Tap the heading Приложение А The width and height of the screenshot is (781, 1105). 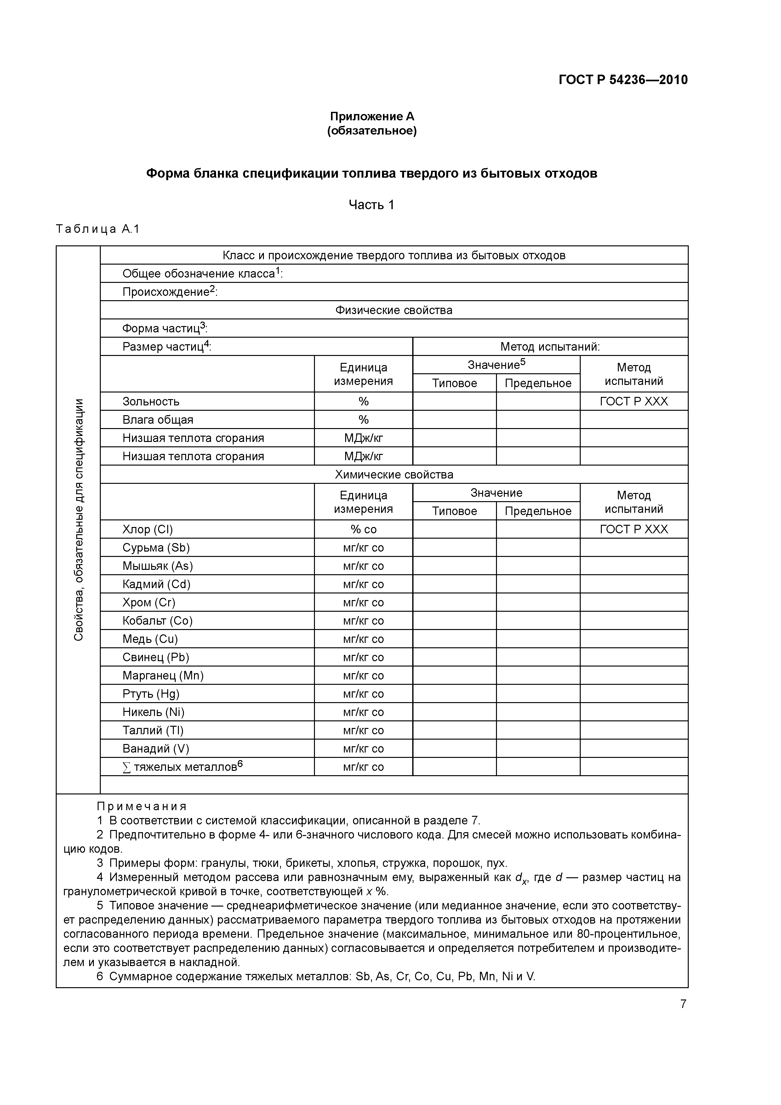point(372,117)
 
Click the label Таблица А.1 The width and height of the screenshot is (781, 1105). point(97,229)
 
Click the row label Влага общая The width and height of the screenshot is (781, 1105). point(158,420)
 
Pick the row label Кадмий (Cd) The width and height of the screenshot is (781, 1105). point(157,584)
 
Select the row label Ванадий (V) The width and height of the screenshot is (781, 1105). point(156,749)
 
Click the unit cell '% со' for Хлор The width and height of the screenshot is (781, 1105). point(363,530)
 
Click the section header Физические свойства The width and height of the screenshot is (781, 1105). point(394,310)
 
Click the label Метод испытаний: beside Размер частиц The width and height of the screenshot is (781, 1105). point(550,346)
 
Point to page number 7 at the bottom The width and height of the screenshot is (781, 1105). point(683,1004)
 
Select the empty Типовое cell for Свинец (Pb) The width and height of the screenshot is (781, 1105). point(454,657)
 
